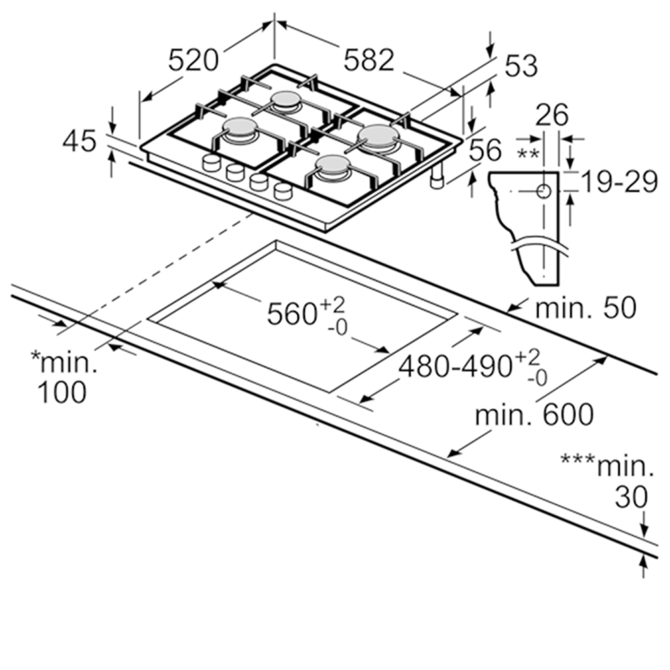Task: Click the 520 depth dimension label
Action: pyautogui.click(x=193, y=61)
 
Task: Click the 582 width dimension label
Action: pyautogui.click(x=368, y=60)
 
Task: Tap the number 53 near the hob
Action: pyautogui.click(x=521, y=66)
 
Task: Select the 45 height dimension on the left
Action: pyautogui.click(x=80, y=141)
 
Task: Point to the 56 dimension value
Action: pyautogui.click(x=484, y=151)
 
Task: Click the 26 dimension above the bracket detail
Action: pyautogui.click(x=551, y=115)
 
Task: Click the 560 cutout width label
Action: pyautogui.click(x=292, y=313)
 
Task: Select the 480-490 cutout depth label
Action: pyautogui.click(x=456, y=366)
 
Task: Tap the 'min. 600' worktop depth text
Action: pyautogui.click(x=534, y=415)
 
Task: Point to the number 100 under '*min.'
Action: pyautogui.click(x=61, y=392)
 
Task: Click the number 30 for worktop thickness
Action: pyautogui.click(x=632, y=496)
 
